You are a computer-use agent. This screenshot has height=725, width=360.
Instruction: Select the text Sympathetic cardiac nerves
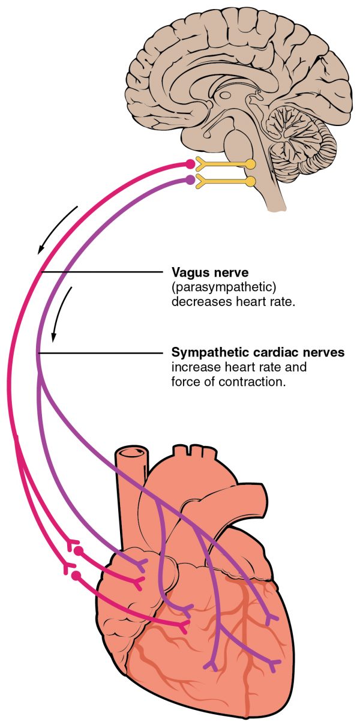pyautogui.click(x=258, y=352)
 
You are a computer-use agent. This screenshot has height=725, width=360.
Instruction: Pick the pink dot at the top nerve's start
pyautogui.click(x=190, y=164)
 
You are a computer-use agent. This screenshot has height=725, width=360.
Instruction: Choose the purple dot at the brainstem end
pyautogui.click(x=190, y=180)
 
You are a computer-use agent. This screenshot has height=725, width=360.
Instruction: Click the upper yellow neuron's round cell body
pyautogui.click(x=250, y=163)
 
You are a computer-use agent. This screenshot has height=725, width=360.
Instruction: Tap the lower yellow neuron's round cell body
pyautogui.click(x=250, y=180)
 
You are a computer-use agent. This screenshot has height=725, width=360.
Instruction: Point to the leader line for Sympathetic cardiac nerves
pyautogui.click(x=102, y=353)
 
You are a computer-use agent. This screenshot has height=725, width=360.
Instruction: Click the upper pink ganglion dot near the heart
pyautogui.click(x=78, y=550)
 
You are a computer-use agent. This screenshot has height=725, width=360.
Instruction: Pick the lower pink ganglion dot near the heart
pyautogui.click(x=76, y=576)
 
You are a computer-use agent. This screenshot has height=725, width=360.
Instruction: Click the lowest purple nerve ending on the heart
pyautogui.click(x=211, y=665)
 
